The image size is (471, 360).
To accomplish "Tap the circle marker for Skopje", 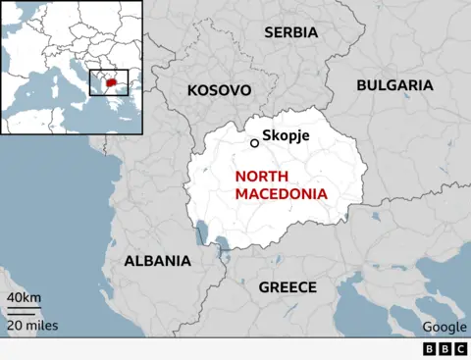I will [254, 143].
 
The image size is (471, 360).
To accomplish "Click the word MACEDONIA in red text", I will [281, 193].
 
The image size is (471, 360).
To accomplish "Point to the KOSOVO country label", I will [219, 90].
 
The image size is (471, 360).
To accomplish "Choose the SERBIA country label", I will [290, 32].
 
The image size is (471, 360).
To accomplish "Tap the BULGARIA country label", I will [393, 85].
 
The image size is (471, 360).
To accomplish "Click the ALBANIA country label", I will [157, 261].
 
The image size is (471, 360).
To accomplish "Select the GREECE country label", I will [287, 287].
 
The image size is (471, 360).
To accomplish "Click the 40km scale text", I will [24, 297].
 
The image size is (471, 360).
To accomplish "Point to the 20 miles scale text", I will [32, 326].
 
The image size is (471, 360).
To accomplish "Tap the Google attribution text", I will [445, 327].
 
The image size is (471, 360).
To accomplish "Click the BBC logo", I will [445, 349].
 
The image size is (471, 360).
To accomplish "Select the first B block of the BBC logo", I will [430, 349].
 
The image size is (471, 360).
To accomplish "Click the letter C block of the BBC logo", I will [459, 349].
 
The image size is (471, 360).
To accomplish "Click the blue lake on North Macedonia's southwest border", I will [203, 233].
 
